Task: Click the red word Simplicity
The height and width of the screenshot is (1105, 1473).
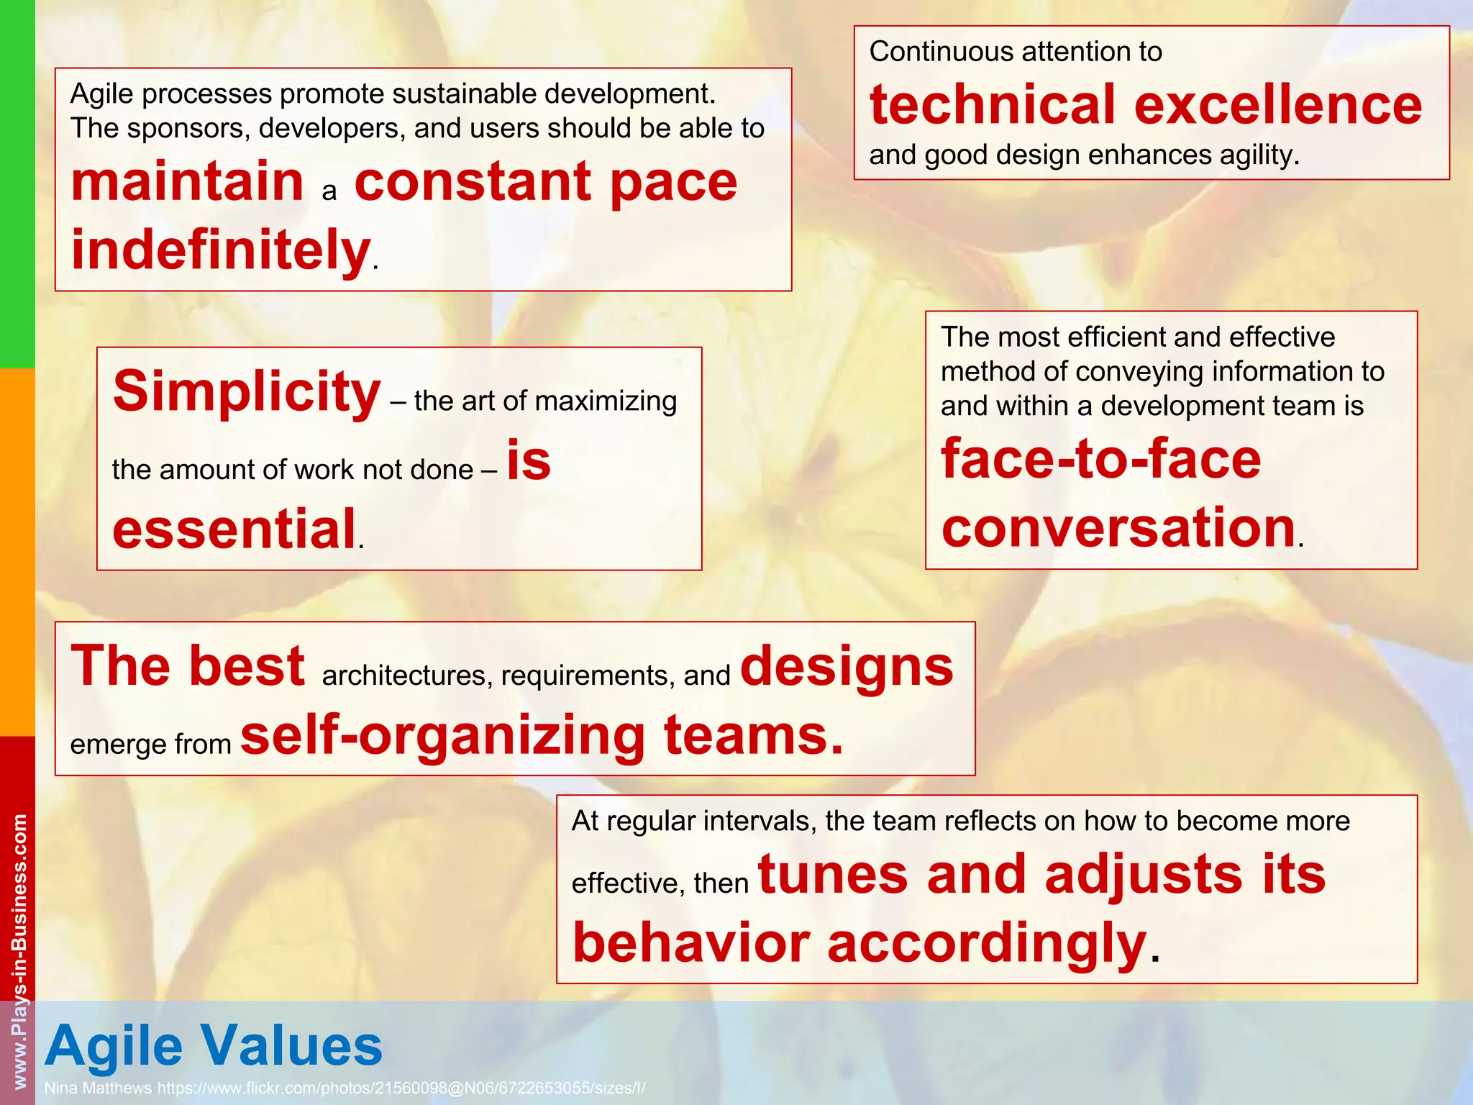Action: pos(247,392)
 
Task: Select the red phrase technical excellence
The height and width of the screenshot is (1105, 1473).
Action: pos(1145,104)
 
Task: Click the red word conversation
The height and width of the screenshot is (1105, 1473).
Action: pos(1118,527)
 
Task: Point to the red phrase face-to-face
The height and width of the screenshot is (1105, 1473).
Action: pos(1100,458)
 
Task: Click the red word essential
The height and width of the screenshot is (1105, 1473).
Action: pos(234,529)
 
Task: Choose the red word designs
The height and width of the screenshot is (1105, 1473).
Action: pos(847,665)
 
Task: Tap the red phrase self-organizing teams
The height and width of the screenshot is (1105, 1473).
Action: pos(541,735)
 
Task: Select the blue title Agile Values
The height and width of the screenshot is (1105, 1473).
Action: pos(214,1045)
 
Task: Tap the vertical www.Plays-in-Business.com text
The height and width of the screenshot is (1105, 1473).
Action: pos(19,950)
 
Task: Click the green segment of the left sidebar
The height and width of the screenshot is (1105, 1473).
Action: pos(17,183)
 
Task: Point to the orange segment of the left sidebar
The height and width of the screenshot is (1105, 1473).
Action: pos(17,550)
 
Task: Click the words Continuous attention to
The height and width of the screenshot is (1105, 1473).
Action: pos(1015,52)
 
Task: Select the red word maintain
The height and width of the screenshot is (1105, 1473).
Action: pos(188,181)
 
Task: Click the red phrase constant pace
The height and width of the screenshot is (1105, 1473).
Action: pos(546,181)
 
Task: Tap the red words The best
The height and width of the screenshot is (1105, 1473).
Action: pos(188,665)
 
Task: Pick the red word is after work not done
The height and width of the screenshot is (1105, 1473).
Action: pos(529,460)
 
